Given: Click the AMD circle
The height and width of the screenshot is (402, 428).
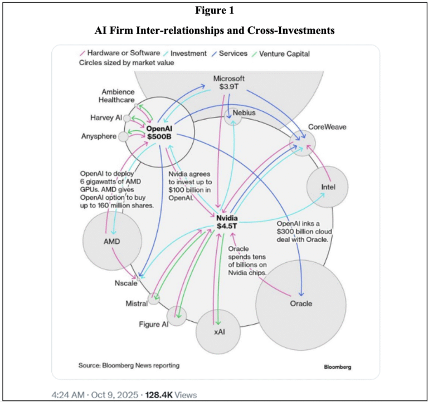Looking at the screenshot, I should pos(111,241).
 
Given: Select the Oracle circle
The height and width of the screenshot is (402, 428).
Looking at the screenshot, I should pos(301,303).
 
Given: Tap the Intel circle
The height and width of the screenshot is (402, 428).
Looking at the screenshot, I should pos(327,187).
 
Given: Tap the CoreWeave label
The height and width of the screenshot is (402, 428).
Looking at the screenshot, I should pos(328,127).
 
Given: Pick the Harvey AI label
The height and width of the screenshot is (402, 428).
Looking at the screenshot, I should pos(105,118).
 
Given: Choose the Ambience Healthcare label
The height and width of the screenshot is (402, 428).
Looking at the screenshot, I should pos(117,96).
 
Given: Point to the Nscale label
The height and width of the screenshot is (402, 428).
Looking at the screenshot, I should pos(120,283).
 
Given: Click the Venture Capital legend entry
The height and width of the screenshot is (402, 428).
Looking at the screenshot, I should pos(284,54).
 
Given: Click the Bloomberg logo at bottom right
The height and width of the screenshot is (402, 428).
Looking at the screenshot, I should pos(338,367).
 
